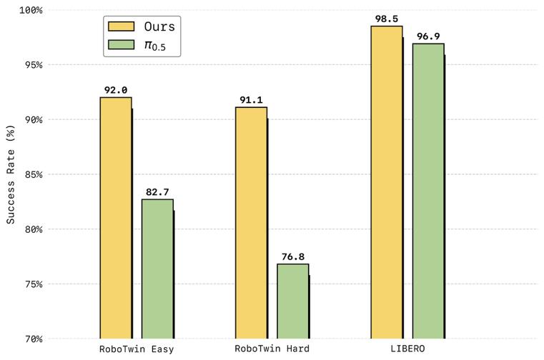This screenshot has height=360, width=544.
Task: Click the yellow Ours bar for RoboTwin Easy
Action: click(116, 218)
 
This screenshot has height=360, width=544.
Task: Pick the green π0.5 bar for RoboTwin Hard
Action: click(293, 301)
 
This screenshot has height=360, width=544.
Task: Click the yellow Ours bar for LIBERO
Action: click(387, 182)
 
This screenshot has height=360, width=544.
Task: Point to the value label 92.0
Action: click(116, 91)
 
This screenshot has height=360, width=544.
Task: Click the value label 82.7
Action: click(157, 193)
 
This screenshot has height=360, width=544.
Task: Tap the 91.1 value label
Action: click(251, 101)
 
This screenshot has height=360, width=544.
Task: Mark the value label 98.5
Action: click(387, 19)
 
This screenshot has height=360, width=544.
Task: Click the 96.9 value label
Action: click(428, 37)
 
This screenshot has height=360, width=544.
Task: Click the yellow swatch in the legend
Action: click(121, 26)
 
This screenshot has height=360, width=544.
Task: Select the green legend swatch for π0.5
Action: click(121, 46)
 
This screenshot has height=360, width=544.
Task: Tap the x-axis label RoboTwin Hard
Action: click(272, 349)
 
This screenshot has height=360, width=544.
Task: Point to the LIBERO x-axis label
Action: click(407, 349)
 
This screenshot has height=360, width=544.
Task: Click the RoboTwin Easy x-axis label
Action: click(137, 349)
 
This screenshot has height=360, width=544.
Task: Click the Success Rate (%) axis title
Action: click(10, 174)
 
